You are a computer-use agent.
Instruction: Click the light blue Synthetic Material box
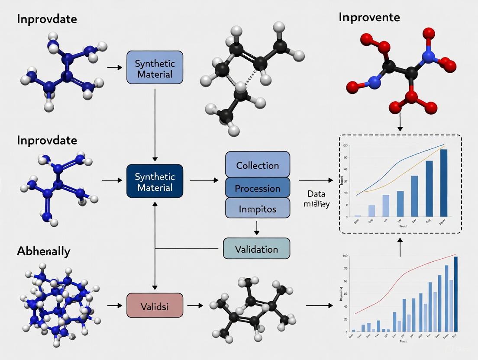(x=155, y=67)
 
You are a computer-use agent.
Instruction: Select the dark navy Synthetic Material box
(x=155, y=182)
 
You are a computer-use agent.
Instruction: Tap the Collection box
(x=258, y=165)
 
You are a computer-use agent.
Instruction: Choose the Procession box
(x=258, y=188)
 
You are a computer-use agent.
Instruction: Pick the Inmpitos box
(x=258, y=209)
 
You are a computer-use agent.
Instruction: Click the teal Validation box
(x=256, y=249)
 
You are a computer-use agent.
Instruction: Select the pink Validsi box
(x=155, y=305)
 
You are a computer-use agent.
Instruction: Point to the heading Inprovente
(x=369, y=17)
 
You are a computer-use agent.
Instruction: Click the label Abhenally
(x=43, y=251)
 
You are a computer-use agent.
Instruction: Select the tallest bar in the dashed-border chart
(x=443, y=183)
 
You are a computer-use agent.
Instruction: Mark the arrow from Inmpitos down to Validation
(x=257, y=228)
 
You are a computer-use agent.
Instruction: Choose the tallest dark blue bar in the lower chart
(x=455, y=294)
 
